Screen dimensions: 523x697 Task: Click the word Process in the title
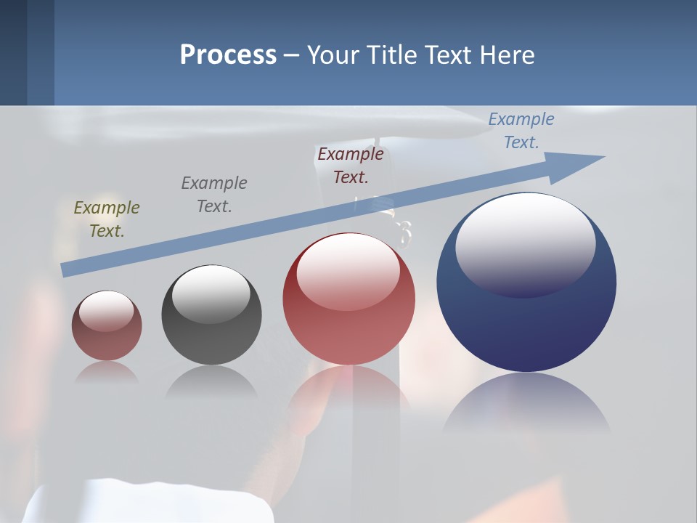[228, 55]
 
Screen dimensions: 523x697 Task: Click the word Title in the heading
[391, 55]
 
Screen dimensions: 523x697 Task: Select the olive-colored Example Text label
[107, 219]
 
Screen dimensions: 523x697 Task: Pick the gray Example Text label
[214, 195]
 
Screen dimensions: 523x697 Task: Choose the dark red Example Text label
[351, 166]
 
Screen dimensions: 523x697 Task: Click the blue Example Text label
[521, 131]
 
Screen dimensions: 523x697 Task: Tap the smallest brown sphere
[107, 341]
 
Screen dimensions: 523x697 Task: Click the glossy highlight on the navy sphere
[526, 243]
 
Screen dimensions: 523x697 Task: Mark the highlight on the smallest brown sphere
[107, 311]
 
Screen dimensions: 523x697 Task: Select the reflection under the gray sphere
[211, 381]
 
